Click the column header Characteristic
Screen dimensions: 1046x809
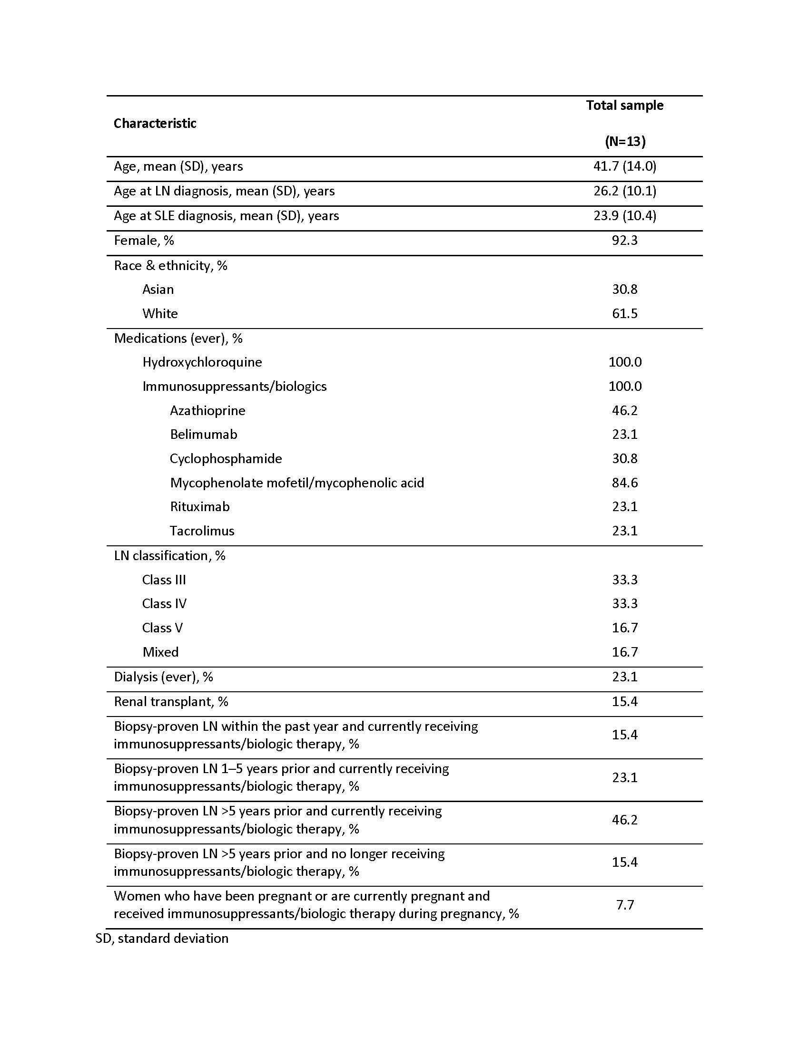155,124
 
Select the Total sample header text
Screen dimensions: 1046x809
624,106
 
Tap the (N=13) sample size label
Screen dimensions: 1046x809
625,141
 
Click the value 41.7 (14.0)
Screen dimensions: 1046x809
624,166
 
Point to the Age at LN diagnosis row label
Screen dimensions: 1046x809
224,191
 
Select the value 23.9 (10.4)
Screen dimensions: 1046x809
624,215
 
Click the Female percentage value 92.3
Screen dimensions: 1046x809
624,240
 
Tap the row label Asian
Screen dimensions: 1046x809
158,289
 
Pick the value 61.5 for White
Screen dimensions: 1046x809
624,313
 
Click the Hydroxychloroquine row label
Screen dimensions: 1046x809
202,362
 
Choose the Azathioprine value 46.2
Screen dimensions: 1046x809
624,410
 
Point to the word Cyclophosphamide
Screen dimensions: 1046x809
226,458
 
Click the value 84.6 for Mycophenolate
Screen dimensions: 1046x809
624,482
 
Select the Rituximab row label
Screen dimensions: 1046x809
200,506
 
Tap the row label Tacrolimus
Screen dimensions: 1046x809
202,531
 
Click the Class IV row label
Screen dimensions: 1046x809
164,603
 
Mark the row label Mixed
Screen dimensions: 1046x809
160,652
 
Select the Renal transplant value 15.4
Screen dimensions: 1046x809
624,701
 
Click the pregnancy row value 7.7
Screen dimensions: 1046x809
625,905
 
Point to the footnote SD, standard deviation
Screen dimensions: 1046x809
162,938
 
